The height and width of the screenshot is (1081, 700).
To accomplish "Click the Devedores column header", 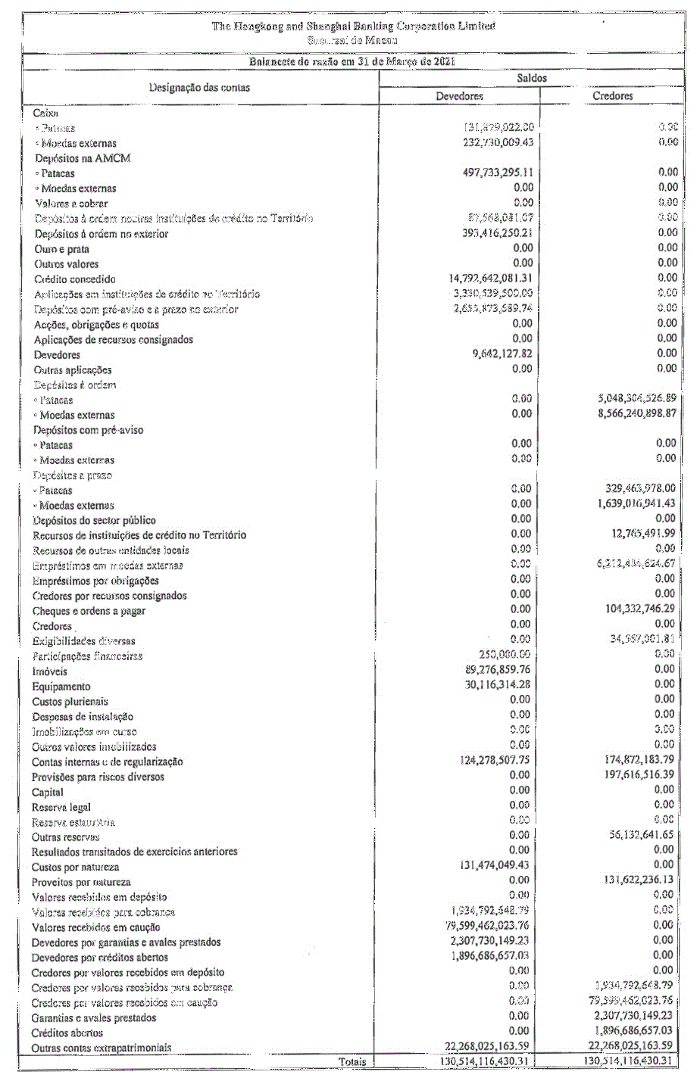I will pyautogui.click(x=459, y=96).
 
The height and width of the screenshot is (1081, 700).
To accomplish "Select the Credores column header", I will pyautogui.click(x=612, y=96).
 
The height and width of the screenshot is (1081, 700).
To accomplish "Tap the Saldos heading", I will pyautogui.click(x=532, y=78).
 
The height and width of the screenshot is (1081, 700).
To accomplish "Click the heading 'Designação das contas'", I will pyautogui.click(x=199, y=88).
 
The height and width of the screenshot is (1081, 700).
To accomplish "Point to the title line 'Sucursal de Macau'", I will pyautogui.click(x=352, y=40).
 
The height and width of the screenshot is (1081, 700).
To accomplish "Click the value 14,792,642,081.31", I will pyautogui.click(x=491, y=278).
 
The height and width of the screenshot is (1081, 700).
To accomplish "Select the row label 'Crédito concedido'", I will pyautogui.click(x=75, y=279).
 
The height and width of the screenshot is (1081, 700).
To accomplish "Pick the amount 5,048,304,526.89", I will pyautogui.click(x=636, y=398).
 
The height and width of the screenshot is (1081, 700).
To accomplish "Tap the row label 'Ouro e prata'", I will pyautogui.click(x=61, y=249).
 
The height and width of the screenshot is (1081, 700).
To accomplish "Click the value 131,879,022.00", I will pyautogui.click(x=498, y=127).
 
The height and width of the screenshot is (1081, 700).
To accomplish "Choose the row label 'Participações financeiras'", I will pyautogui.click(x=87, y=656).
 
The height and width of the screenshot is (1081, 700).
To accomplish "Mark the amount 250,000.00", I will pyautogui.click(x=505, y=654).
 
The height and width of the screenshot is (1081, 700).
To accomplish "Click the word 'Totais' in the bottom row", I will pyautogui.click(x=352, y=1061).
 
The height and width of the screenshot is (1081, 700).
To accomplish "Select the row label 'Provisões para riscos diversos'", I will pyautogui.click(x=98, y=777).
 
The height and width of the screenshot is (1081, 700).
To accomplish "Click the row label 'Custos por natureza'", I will pyautogui.click(x=75, y=868).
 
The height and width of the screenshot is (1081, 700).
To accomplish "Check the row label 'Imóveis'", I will pyautogui.click(x=49, y=671).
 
